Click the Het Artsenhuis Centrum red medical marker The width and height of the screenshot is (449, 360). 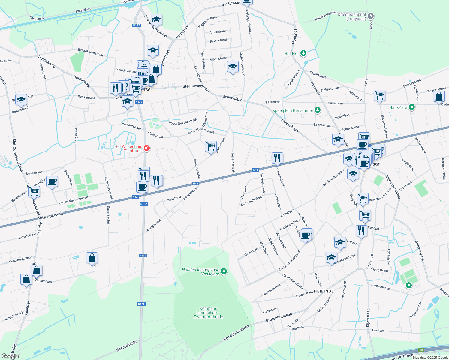[146, 148]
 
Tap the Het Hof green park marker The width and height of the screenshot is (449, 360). [303, 53]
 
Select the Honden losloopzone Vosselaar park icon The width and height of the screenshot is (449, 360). [224, 271]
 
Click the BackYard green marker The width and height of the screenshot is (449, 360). [412, 107]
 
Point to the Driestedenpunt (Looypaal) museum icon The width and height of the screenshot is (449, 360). [371, 16]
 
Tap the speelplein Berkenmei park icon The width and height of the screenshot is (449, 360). [317, 110]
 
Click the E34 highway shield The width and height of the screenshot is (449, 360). [421, 350]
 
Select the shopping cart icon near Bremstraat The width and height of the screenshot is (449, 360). [211, 146]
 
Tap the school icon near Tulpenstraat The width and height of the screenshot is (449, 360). [233, 67]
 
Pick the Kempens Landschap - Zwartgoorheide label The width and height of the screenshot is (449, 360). [208, 313]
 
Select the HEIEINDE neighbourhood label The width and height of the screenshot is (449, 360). [324, 291]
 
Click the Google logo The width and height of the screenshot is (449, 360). [10, 356]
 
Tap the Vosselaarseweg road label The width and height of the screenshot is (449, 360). [236, 333]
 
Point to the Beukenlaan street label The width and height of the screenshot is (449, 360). [232, 98]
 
